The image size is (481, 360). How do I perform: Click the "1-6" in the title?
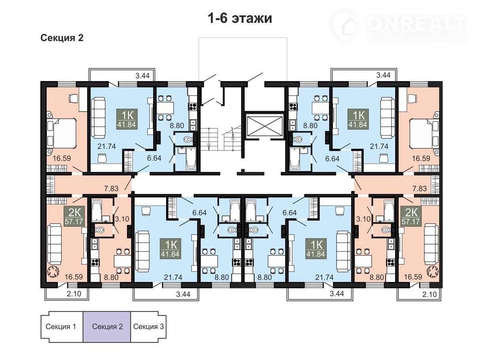coord(218,18)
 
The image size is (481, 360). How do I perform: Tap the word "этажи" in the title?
coord(252,19)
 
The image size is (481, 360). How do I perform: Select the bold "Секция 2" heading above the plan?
coord(62,38)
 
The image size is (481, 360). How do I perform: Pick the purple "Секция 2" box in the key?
coord(107,327)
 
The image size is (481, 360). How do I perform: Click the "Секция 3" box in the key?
coord(148,327)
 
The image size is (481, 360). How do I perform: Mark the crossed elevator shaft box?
coord(265,125)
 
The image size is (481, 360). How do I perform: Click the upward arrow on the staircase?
coord(233,138)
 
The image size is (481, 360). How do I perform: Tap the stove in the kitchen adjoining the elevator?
coord(293,106)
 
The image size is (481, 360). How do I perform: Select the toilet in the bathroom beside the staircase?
coord(187,139)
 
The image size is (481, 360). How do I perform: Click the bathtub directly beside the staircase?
coord(191,158)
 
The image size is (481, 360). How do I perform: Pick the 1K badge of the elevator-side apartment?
coord(358,119)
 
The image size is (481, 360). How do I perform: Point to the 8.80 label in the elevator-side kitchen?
coord(310,125)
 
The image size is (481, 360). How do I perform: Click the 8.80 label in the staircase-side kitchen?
coord(177,125)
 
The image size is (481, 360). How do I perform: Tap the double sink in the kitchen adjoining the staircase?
coord(193,125)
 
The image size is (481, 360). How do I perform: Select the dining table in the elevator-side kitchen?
coord(320,108)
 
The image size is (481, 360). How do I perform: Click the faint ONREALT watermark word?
coord(416,23)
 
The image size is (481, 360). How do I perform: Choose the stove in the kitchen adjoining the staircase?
coord(193,106)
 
